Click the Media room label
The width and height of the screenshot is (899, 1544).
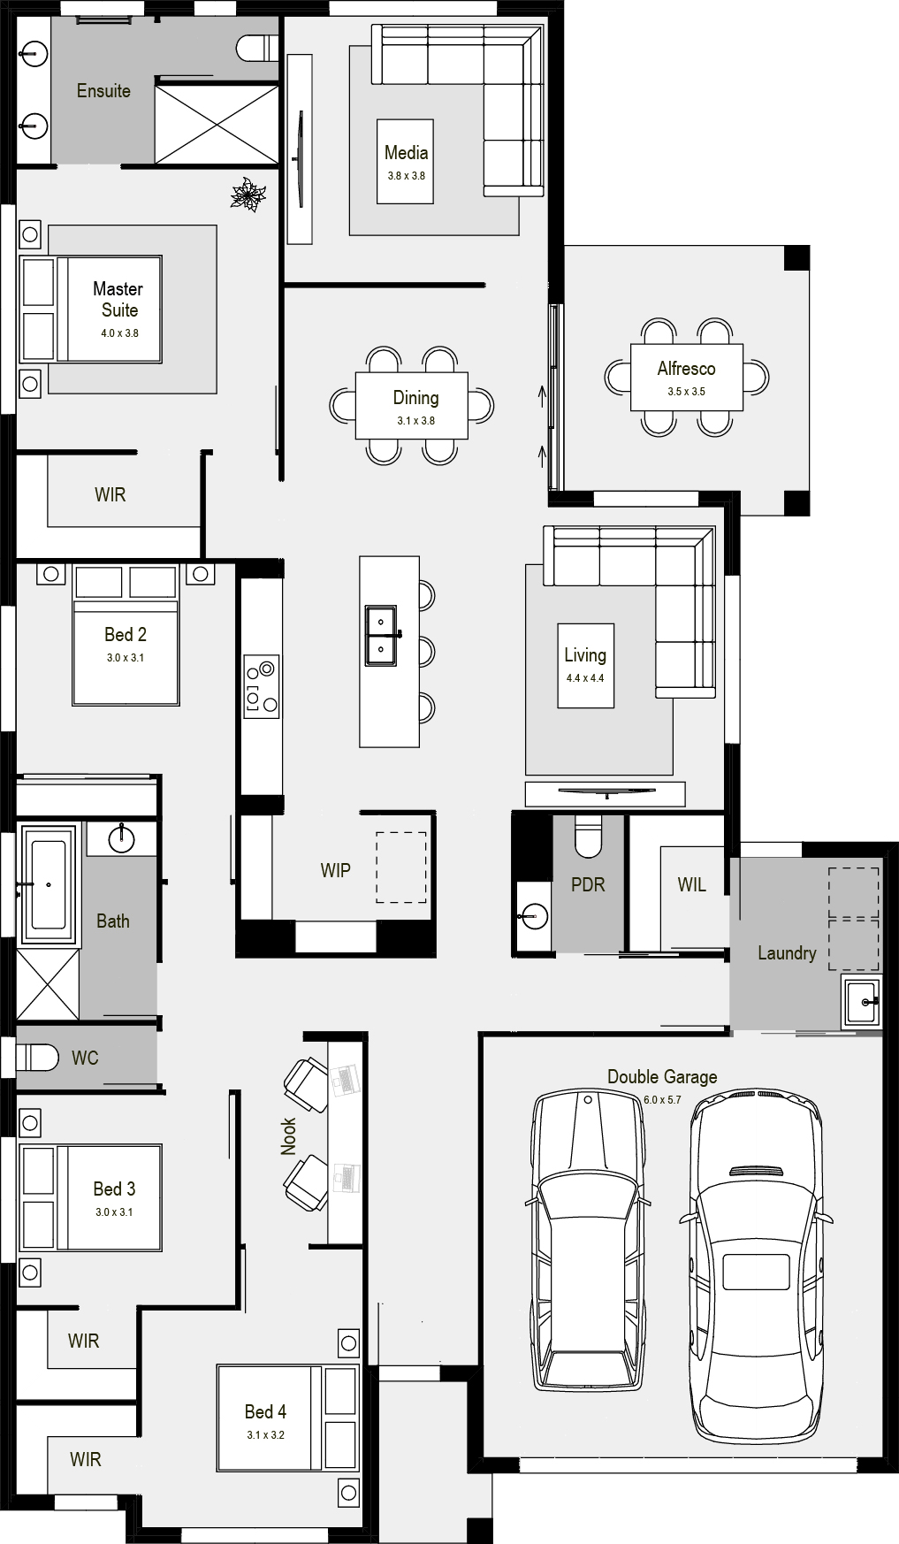click(x=406, y=153)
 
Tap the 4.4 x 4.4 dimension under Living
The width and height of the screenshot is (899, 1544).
click(x=585, y=678)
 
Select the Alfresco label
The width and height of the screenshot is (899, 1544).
click(x=686, y=369)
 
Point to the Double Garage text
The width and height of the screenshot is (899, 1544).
click(x=662, y=1077)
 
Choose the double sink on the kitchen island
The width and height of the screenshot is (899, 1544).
click(x=382, y=636)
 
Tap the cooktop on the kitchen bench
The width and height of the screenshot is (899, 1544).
click(x=262, y=684)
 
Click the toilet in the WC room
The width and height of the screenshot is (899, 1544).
click(x=38, y=1057)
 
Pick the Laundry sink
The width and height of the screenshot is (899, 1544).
click(x=861, y=1002)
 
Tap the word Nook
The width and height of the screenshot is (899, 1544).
click(x=288, y=1136)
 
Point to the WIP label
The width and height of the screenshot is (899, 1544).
click(x=336, y=870)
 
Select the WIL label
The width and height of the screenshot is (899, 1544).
click(x=692, y=884)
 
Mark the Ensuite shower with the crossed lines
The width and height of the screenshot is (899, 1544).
click(x=217, y=124)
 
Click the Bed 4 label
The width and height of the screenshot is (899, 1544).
click(x=265, y=1411)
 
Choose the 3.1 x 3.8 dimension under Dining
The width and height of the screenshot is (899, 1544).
click(x=415, y=421)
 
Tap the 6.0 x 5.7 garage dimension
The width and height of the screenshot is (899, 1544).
click(x=662, y=1100)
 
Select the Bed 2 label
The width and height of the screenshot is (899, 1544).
click(x=126, y=634)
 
